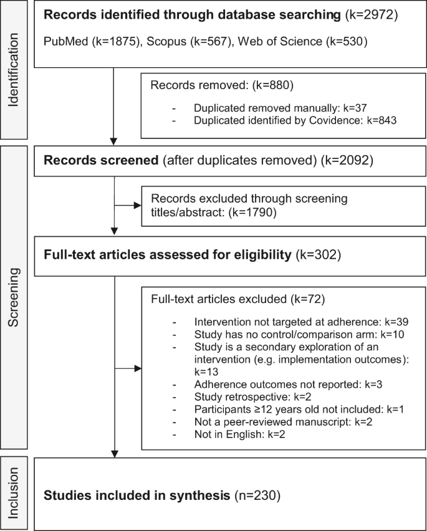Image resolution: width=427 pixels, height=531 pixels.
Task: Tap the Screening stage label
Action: click(17, 302)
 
